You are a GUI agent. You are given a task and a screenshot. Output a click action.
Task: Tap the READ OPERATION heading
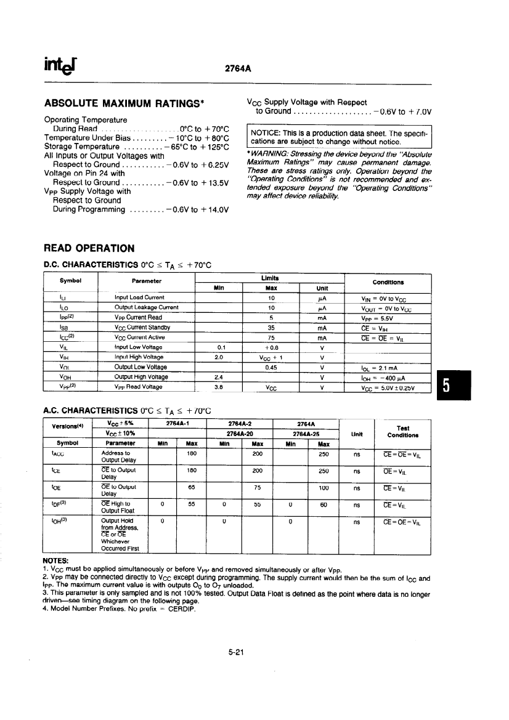point(89,248)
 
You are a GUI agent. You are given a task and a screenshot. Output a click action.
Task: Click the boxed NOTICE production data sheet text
point(339,137)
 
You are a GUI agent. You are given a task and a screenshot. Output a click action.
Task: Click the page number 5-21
point(237,653)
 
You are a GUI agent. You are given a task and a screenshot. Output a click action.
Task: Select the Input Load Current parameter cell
point(139,297)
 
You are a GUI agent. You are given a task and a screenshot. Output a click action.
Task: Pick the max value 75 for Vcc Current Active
point(271,338)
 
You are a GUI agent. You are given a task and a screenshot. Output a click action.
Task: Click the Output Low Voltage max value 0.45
point(271,368)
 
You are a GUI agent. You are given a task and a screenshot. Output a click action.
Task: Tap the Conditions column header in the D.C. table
point(388,282)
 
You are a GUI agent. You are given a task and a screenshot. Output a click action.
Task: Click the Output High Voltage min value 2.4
point(218,378)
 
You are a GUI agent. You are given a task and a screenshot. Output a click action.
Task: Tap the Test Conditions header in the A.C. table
point(403,431)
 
